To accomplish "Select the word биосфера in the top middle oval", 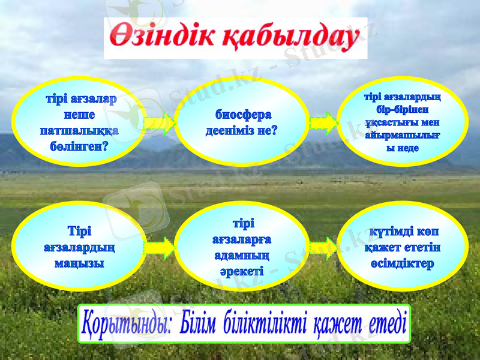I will tap(243, 114).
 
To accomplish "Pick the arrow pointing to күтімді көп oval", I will tap(323, 247).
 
